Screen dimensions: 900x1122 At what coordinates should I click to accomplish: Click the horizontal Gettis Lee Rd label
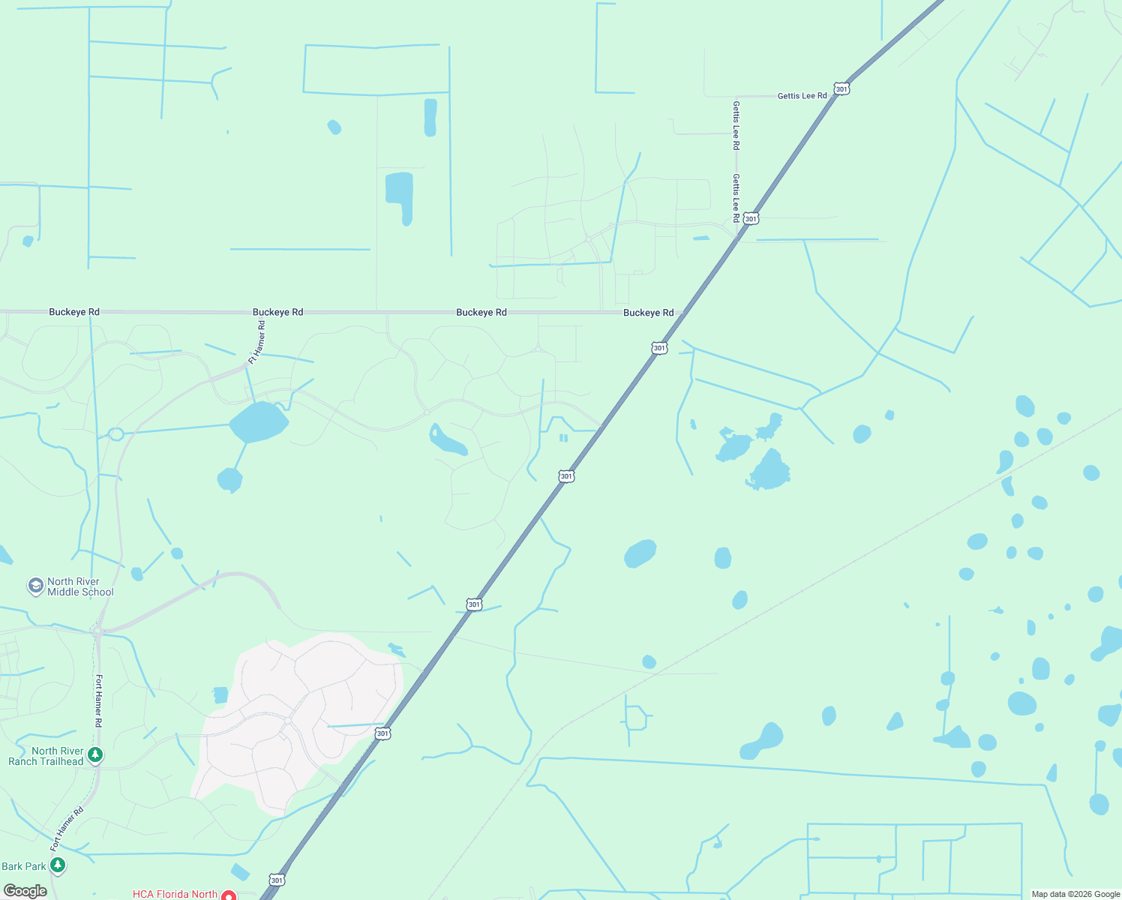[x=802, y=96]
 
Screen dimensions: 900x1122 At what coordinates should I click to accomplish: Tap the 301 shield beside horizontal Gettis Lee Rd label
[x=841, y=89]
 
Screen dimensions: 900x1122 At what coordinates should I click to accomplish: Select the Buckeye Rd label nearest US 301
[x=648, y=313]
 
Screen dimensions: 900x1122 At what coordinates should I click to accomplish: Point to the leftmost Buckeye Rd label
[x=74, y=312]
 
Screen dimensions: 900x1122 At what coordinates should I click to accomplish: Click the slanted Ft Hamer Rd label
[x=257, y=343]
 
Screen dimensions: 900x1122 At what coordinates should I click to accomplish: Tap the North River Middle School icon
[x=35, y=586]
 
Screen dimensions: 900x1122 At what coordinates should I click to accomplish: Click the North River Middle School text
[x=80, y=587]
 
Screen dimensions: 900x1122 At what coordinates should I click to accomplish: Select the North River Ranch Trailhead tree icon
[x=95, y=754]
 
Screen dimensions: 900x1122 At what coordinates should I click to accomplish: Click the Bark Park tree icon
[x=58, y=865]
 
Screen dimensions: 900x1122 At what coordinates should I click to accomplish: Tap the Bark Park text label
[x=24, y=866]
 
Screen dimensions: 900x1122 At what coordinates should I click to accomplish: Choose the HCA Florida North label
[x=175, y=894]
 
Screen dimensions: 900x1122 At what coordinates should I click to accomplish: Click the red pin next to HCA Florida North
[x=229, y=895]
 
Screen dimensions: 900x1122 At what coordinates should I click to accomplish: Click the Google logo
[x=25, y=891]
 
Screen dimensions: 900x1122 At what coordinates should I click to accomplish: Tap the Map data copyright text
[x=1075, y=894]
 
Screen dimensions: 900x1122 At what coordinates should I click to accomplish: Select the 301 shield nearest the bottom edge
[x=277, y=880]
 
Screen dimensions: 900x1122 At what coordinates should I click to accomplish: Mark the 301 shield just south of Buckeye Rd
[x=659, y=348]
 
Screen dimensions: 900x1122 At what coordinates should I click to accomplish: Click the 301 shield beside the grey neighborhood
[x=382, y=733]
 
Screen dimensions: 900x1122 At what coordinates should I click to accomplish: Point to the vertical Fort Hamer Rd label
[x=98, y=701]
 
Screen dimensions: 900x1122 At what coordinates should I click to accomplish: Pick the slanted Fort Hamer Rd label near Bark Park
[x=67, y=829]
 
